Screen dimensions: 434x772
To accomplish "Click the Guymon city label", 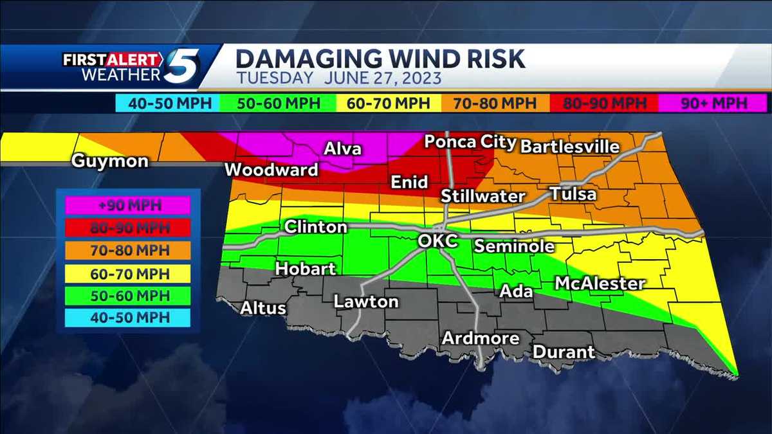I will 109,161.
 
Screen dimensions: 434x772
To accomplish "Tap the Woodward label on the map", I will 271,170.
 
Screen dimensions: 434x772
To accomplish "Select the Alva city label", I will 342,149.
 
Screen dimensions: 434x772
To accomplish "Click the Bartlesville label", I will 569,147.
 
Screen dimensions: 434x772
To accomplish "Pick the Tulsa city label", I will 573,194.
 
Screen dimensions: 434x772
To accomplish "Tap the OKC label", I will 437,241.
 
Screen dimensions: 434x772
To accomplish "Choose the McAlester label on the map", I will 600,283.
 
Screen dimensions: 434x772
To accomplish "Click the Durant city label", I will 564,352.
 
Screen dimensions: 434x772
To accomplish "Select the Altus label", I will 262,308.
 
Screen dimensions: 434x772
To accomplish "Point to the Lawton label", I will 365,301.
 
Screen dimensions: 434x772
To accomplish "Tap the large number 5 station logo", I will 181,67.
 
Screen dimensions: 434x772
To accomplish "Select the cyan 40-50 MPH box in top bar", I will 167,103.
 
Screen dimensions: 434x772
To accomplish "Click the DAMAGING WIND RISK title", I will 380,59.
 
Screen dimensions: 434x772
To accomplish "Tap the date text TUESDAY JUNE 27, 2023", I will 338,79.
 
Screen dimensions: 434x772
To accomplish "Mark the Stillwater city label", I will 482,196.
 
